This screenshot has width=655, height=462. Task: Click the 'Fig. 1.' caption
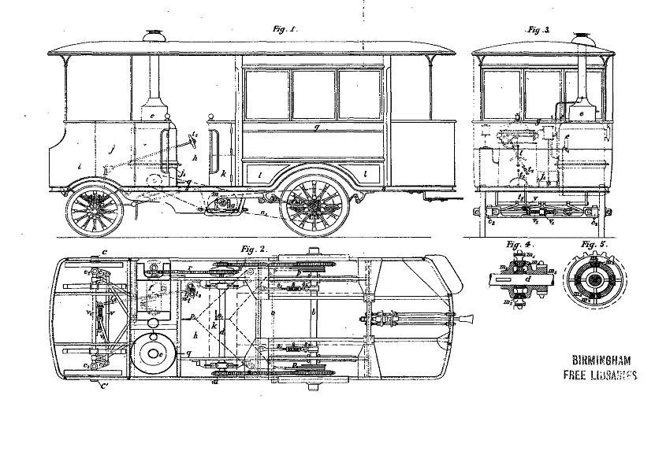click(283, 29)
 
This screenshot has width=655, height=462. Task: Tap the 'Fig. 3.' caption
click(539, 29)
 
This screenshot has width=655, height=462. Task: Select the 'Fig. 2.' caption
click(254, 249)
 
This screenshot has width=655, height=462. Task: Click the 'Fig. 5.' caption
click(593, 244)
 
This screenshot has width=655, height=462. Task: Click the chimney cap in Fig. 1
click(152, 35)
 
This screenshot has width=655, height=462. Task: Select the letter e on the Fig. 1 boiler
click(152, 116)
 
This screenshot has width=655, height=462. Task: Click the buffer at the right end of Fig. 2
click(467, 320)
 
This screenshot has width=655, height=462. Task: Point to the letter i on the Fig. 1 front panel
click(80, 166)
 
